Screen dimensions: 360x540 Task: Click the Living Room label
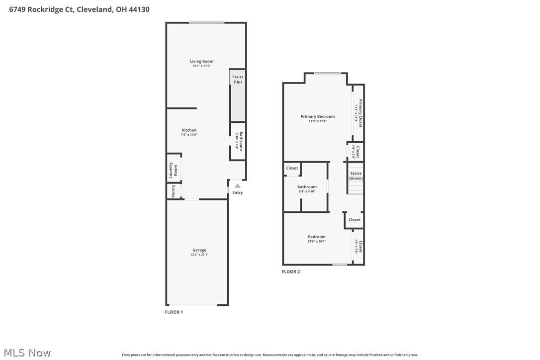click(x=201, y=61)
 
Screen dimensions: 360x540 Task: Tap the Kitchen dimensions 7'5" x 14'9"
click(x=189, y=135)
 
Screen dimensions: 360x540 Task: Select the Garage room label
click(x=199, y=250)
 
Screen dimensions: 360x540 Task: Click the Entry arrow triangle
click(x=237, y=186)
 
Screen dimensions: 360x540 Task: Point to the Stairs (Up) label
click(x=238, y=79)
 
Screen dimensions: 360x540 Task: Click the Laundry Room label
click(x=173, y=170)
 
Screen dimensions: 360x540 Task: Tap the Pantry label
click(x=173, y=191)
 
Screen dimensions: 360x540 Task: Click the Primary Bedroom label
click(x=318, y=116)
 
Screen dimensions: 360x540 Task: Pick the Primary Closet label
click(x=360, y=113)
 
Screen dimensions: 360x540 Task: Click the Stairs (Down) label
click(x=356, y=176)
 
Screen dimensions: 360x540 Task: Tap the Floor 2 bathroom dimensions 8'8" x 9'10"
click(x=307, y=191)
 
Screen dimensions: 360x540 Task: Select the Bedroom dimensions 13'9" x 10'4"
click(x=317, y=242)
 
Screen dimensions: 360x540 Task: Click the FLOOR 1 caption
click(x=174, y=312)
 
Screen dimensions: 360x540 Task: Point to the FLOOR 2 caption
click(x=291, y=271)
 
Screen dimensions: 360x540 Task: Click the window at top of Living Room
click(x=206, y=22)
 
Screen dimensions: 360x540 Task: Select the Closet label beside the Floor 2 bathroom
click(x=292, y=168)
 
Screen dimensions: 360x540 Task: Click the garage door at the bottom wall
click(x=192, y=305)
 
